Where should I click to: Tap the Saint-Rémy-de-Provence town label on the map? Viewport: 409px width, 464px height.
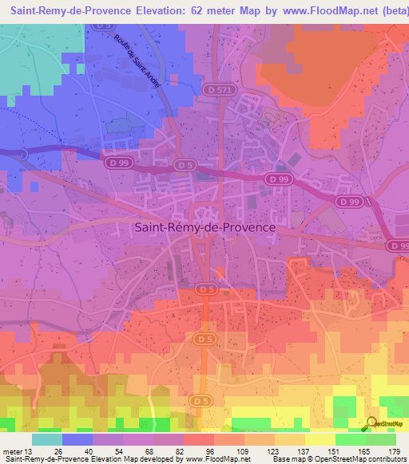point(204,227)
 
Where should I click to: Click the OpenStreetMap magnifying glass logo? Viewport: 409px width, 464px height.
point(372,423)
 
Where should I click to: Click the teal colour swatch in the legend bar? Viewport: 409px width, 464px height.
point(47,439)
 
